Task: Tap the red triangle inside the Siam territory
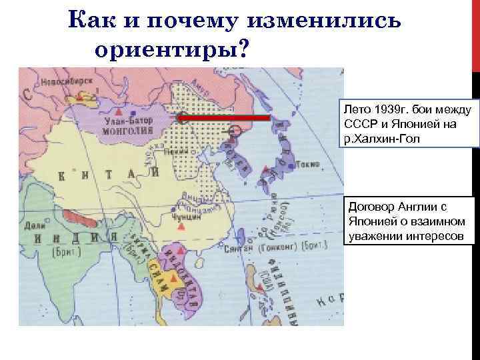(174, 276)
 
